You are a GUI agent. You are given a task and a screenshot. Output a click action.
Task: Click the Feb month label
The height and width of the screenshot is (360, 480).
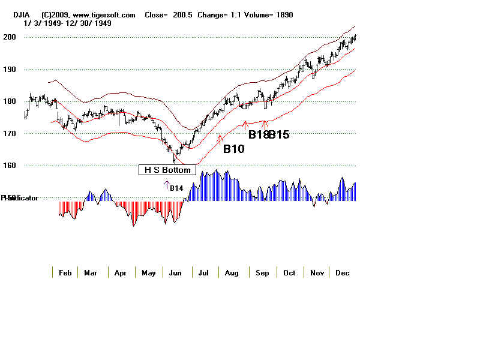[65, 273]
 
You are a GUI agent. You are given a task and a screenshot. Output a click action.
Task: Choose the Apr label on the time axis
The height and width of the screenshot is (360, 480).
[121, 273]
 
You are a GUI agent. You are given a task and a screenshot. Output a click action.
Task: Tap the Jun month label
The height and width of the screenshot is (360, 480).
[176, 273]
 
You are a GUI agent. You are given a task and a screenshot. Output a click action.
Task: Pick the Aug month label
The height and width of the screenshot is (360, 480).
[231, 273]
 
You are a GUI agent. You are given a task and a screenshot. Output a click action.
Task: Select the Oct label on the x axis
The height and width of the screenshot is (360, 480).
[289, 273]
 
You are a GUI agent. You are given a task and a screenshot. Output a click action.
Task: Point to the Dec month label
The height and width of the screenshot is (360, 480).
[343, 273]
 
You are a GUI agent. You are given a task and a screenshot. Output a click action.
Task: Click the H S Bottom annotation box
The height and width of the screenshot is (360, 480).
[167, 170]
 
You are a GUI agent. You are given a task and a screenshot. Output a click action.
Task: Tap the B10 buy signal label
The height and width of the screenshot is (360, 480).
[233, 149]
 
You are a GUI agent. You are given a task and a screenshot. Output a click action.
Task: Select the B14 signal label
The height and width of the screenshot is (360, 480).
[176, 188]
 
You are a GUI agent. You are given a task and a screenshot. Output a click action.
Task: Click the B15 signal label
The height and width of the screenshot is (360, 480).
[279, 135]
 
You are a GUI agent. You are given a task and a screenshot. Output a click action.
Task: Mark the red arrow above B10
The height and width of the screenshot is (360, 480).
[220, 139]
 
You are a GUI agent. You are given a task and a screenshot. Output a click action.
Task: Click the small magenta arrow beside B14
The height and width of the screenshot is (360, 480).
[167, 185]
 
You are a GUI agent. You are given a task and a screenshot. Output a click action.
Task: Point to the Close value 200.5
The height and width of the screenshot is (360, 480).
[183, 15]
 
